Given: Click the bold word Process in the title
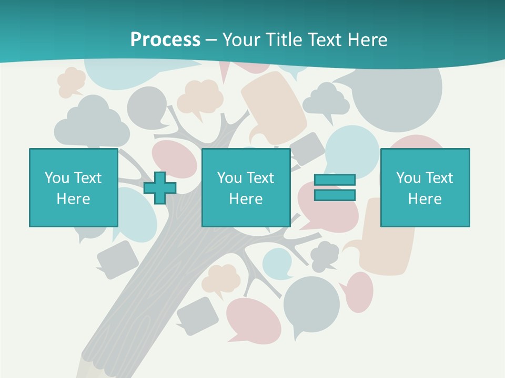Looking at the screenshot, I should coord(165,39).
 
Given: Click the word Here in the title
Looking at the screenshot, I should coord(369,39).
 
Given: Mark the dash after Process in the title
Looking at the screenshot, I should coord(211,40).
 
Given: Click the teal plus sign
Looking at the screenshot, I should coord(160,188).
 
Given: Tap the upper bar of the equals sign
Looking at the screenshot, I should coord(335,180).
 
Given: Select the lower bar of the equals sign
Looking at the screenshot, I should coord(335,195).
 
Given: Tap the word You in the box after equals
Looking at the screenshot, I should coord(408,178).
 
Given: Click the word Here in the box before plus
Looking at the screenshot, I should coord(74,199).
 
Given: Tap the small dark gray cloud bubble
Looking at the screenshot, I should coord(325,254).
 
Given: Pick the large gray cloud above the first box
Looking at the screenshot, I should coord(92,123).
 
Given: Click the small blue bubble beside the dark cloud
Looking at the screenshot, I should coord(277,262).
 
